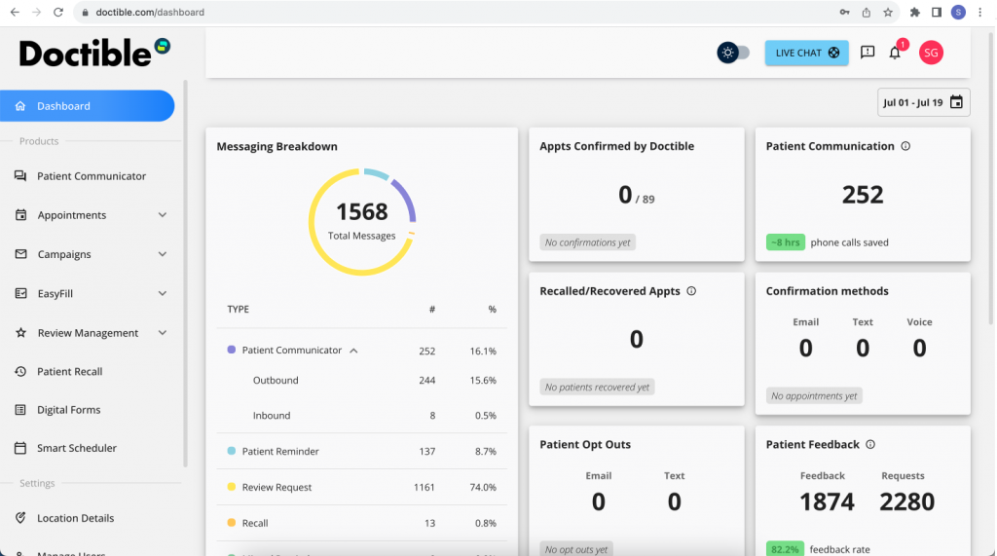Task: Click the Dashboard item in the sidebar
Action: pos(63,106)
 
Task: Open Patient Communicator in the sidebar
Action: pos(91,176)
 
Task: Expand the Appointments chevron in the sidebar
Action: pos(163,215)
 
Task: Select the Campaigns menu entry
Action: pos(64,254)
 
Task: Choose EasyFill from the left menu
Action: pos(55,293)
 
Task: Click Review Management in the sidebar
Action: pos(88,333)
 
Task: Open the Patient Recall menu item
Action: pos(69,372)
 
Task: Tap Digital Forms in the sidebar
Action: pos(68,410)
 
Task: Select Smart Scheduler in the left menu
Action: pos(76,449)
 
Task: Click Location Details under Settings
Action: pos(75,518)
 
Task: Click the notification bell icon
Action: pos(895,53)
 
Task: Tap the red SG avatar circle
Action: pos(931,53)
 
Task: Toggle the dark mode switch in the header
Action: pos(733,53)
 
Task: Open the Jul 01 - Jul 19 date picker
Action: pos(923,102)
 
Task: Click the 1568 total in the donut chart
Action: pos(362,211)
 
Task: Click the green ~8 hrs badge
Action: pos(785,242)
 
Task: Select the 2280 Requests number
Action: pos(906,501)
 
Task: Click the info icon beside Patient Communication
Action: pos(905,146)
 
